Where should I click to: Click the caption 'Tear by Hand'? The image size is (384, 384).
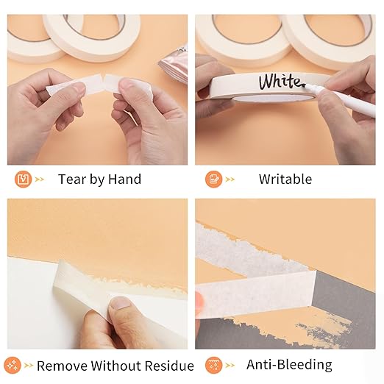click(99, 179)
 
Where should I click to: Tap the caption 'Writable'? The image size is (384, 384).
click(285, 179)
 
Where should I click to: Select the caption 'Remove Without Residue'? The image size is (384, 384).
click(115, 366)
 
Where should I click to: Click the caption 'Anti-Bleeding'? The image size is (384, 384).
click(289, 365)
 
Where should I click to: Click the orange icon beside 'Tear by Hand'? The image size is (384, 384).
click(23, 179)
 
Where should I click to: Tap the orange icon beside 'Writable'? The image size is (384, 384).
click(213, 179)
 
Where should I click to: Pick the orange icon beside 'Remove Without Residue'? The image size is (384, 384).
click(13, 365)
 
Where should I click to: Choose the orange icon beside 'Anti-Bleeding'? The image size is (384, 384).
click(213, 365)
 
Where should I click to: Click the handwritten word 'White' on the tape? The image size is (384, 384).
click(280, 81)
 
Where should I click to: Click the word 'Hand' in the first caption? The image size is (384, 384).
click(124, 179)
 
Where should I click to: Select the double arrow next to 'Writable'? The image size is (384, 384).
click(231, 179)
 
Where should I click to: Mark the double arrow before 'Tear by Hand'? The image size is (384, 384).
click(40, 179)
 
